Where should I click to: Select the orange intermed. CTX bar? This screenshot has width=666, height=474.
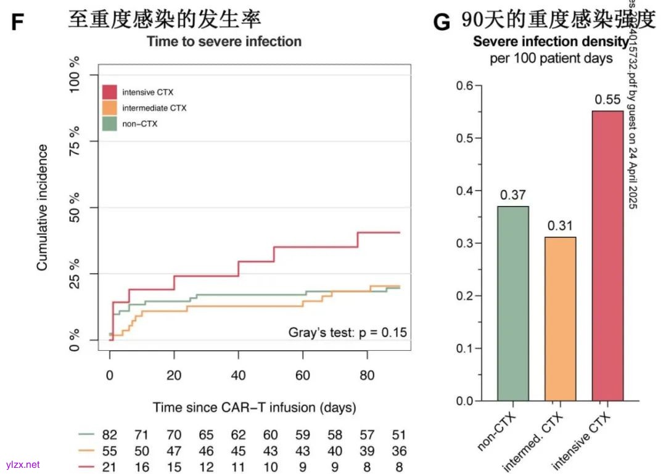pyautogui.click(x=560, y=319)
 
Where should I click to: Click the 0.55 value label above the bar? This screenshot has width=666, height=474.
pyautogui.click(x=607, y=100)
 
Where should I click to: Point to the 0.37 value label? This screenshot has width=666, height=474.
pyautogui.click(x=513, y=195)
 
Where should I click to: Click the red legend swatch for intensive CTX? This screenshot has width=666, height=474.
pyautogui.click(x=110, y=92)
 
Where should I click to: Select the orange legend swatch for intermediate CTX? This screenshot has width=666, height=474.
pyautogui.click(x=110, y=108)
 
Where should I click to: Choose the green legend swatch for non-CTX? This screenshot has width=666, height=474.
pyautogui.click(x=110, y=123)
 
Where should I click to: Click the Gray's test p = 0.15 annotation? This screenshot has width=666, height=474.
pyautogui.click(x=348, y=332)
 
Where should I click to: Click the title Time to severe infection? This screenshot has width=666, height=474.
pyautogui.click(x=224, y=41)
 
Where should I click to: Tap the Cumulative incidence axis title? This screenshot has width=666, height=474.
pyautogui.click(x=43, y=207)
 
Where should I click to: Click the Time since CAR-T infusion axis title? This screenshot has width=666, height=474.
pyautogui.click(x=254, y=407)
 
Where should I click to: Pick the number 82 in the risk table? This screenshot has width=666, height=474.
pyautogui.click(x=110, y=435)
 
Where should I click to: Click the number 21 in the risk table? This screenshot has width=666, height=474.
pyautogui.click(x=110, y=467)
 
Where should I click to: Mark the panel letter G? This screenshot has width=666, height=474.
pyautogui.click(x=442, y=22)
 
